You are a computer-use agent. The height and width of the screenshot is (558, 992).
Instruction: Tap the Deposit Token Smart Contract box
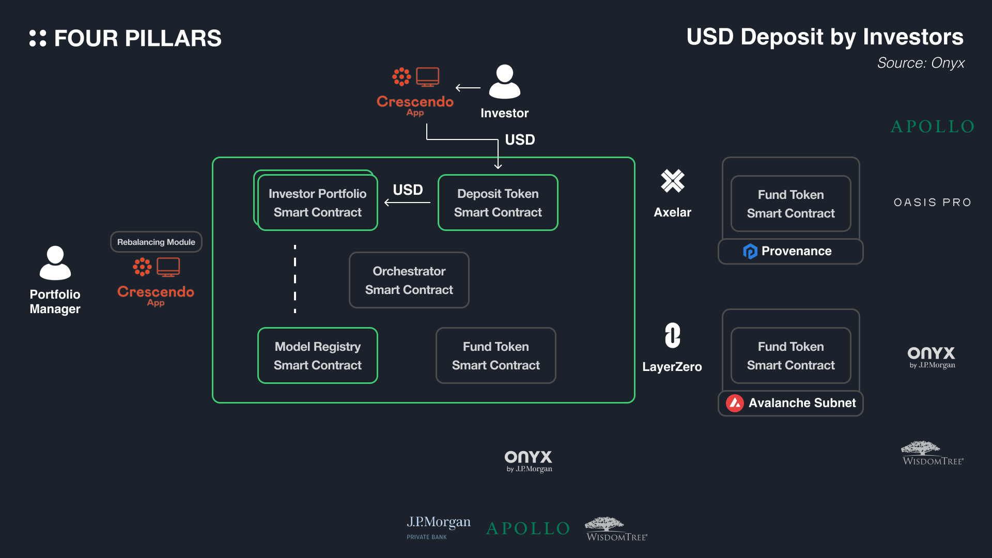[498, 203]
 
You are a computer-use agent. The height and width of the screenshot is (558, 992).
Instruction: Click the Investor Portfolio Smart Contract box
[317, 203]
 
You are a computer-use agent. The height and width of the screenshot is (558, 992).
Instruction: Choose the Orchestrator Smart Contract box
[409, 280]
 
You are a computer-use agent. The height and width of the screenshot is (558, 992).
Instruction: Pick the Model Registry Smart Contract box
[317, 355]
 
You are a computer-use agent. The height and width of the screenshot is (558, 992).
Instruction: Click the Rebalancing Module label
[156, 242]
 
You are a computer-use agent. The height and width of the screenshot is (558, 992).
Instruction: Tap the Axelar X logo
[672, 181]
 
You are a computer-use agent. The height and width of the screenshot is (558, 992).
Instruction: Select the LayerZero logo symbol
[672, 336]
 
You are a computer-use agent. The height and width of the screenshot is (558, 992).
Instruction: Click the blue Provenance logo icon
[750, 251]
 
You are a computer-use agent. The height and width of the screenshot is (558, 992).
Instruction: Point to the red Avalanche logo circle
[735, 403]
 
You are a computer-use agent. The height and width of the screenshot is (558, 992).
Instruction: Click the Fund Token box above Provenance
[791, 204]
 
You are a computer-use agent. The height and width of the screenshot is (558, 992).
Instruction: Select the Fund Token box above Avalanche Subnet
[791, 355]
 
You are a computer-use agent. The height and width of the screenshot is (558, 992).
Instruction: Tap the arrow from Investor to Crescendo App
[468, 88]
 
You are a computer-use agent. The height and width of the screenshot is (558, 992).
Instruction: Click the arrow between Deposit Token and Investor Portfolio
[408, 203]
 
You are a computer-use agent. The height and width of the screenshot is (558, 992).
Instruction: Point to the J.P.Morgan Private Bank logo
[438, 527]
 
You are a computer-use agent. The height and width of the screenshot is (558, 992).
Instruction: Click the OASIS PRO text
[933, 203]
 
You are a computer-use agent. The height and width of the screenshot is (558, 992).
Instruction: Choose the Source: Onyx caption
[921, 63]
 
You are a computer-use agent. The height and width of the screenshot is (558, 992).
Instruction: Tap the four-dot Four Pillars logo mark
[38, 38]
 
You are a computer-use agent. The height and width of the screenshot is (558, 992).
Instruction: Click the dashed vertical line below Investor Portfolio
[295, 279]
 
